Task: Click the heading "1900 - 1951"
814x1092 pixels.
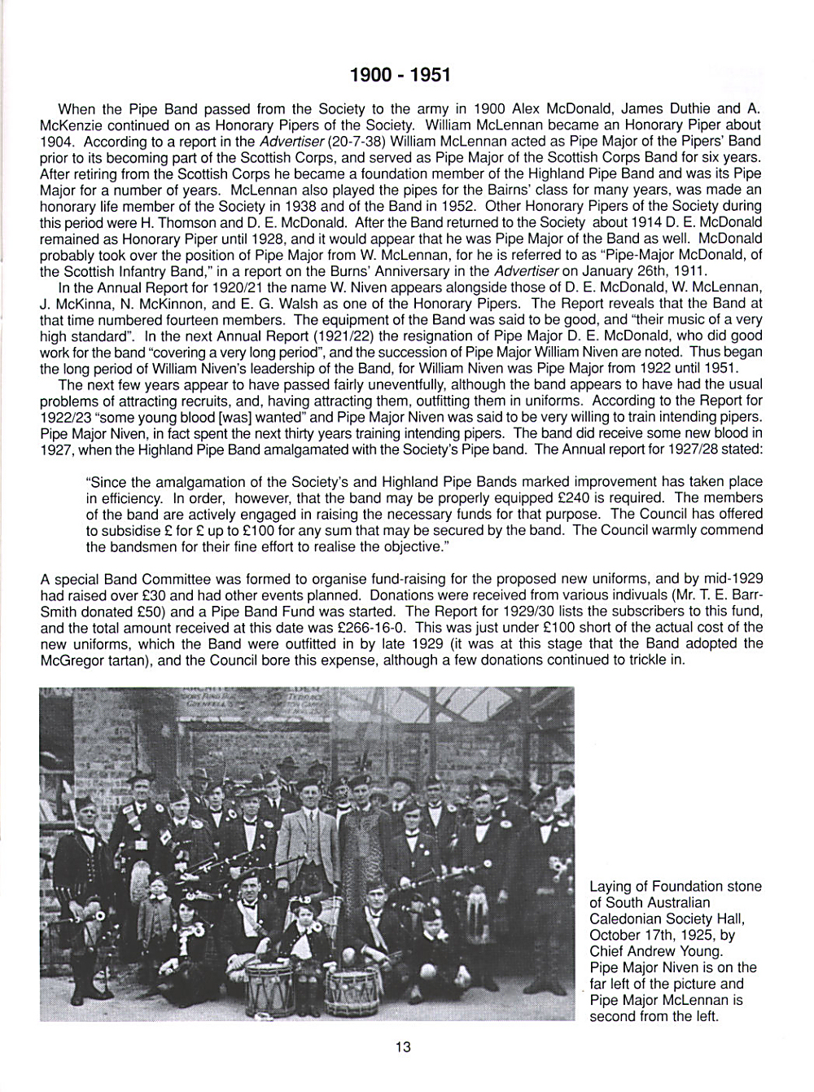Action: pyautogui.click(x=400, y=75)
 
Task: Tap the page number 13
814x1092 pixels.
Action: pyautogui.click(x=403, y=1047)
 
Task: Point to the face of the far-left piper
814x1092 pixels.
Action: pyautogui.click(x=83, y=810)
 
